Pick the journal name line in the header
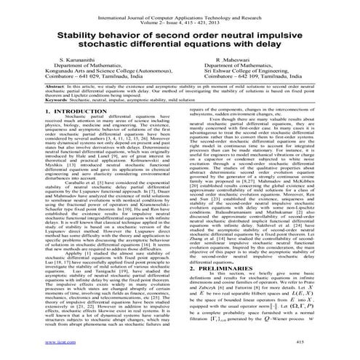coord(180,6)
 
